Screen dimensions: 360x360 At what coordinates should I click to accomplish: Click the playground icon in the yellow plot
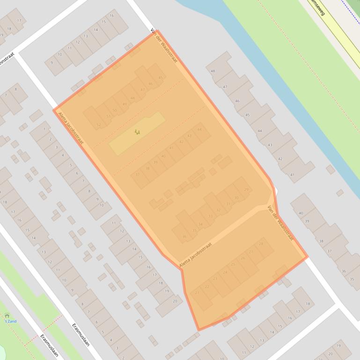[137, 132]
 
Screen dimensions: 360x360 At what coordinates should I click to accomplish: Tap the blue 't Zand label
[10, 321]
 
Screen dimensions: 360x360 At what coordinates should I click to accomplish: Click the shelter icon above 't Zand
[7, 316]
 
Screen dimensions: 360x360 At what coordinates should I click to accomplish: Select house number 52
[98, 125]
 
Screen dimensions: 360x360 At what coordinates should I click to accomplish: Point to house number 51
[109, 116]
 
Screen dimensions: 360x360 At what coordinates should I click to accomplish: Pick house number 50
[115, 110]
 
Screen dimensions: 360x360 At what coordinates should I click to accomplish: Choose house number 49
[125, 104]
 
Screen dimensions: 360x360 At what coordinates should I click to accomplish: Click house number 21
[197, 293]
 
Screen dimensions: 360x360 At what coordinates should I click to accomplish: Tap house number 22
[206, 287]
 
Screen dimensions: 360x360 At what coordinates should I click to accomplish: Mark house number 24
[225, 272]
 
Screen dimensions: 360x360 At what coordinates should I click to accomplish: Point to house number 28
[261, 244]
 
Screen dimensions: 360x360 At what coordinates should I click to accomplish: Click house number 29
[246, 189]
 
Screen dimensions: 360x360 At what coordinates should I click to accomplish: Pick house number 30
[236, 198]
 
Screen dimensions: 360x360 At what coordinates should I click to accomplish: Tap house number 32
[219, 210]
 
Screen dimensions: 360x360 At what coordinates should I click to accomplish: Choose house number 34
[200, 224]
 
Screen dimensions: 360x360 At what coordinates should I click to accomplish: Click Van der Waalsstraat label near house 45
[164, 46]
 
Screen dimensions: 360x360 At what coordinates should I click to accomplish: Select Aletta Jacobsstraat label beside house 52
[71, 127]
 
